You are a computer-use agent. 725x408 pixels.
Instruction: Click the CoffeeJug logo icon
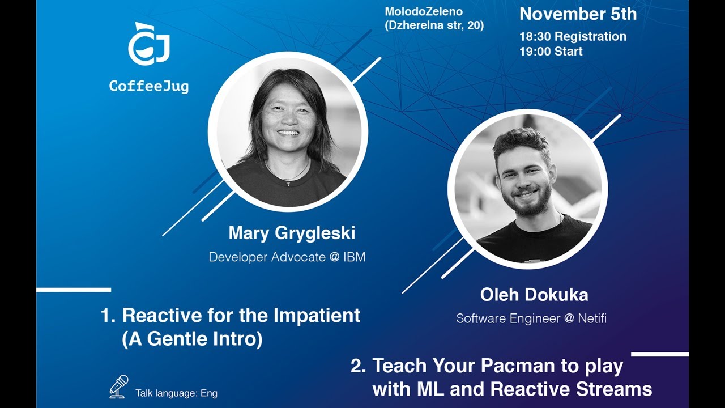click(149, 45)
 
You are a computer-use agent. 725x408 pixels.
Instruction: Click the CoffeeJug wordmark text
click(149, 86)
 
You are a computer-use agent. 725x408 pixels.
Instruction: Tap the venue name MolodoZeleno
click(424, 11)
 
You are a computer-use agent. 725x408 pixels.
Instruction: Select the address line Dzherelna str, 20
click(434, 25)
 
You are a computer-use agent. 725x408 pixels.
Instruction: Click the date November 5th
click(578, 14)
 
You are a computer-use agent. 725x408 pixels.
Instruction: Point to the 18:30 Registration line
click(573, 36)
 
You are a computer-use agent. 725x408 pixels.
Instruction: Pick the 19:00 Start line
click(551, 52)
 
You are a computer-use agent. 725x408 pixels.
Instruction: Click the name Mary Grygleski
click(292, 233)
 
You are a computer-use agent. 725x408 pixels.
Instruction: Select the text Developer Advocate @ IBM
click(287, 257)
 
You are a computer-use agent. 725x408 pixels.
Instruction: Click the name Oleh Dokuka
click(534, 295)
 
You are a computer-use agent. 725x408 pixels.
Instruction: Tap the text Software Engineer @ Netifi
click(531, 318)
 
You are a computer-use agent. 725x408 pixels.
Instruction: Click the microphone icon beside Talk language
click(118, 386)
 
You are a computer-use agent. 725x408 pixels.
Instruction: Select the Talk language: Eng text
click(176, 393)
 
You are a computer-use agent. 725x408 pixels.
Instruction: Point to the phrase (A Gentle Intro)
click(192, 339)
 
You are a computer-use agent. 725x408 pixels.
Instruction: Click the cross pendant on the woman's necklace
click(288, 182)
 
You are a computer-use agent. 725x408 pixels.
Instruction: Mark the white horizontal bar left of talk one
click(74, 290)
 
